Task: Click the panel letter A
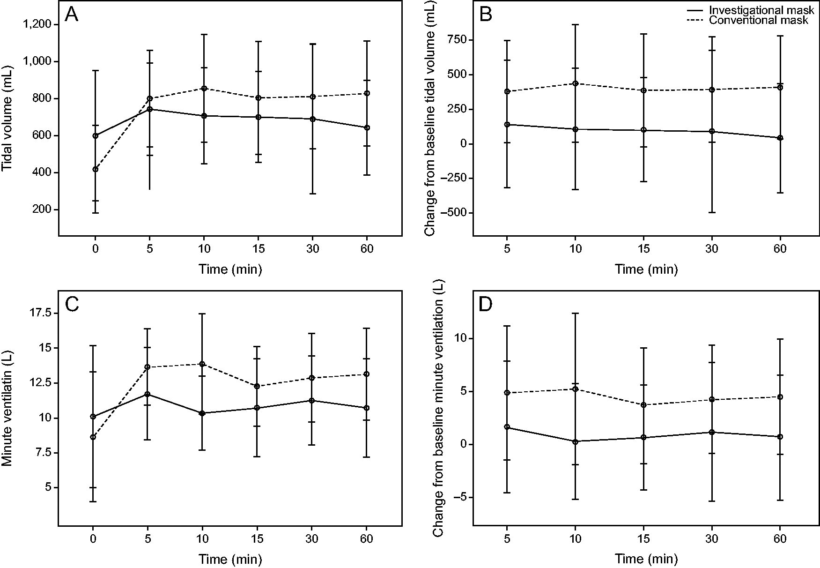click(x=72, y=15)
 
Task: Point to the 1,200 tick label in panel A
click(x=38, y=24)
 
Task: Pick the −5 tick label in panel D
click(x=459, y=498)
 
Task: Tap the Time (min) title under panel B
click(x=646, y=269)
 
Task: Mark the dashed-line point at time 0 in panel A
click(x=96, y=169)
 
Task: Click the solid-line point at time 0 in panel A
click(x=96, y=136)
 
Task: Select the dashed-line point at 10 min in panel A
click(x=204, y=88)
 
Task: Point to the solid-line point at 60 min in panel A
click(x=367, y=127)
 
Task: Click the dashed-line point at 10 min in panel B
click(x=576, y=83)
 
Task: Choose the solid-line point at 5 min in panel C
click(x=148, y=394)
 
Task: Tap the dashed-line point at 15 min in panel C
click(x=257, y=386)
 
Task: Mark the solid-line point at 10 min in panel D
click(x=576, y=441)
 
